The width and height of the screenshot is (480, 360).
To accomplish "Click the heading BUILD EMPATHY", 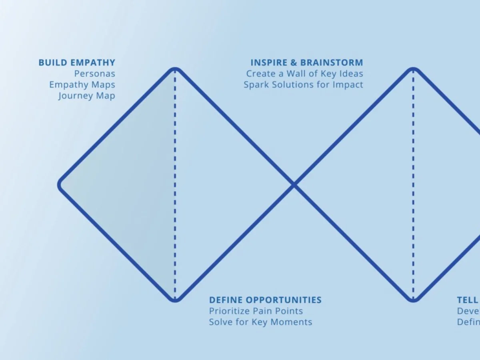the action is coord(77,63).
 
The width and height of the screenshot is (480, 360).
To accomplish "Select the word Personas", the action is coord(94,74).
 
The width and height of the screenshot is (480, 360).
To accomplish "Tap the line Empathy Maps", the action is coord(82,85).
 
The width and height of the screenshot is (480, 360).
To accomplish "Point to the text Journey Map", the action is coord(86,96).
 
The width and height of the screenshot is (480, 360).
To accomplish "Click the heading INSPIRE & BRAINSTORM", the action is coord(307,63).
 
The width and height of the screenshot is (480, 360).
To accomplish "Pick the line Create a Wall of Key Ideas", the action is coord(304,74).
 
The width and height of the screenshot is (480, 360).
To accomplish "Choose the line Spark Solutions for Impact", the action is coord(303,85).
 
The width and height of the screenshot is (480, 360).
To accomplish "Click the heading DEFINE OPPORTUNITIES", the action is coord(265,300).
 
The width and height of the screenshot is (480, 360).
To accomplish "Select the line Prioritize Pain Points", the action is coord(256,311).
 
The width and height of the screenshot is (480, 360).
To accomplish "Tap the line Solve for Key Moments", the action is coord(260,322).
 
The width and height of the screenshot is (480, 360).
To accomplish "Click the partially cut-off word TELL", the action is coord(468,300).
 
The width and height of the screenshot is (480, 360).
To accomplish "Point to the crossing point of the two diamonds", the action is coord(294,185).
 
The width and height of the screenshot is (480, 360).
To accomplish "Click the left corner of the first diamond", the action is coord(60,185).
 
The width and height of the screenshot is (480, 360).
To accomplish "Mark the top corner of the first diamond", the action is coord(175,70).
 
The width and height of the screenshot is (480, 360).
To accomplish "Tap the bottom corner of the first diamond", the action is coord(175,300).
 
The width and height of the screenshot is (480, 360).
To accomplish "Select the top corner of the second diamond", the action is coord(413,70).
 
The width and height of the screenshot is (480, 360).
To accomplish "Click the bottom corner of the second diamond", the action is coord(413,300).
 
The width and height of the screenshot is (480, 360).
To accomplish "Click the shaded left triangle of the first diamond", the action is coord(132,185).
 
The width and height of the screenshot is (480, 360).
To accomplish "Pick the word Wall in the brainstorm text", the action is coord(295,74).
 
